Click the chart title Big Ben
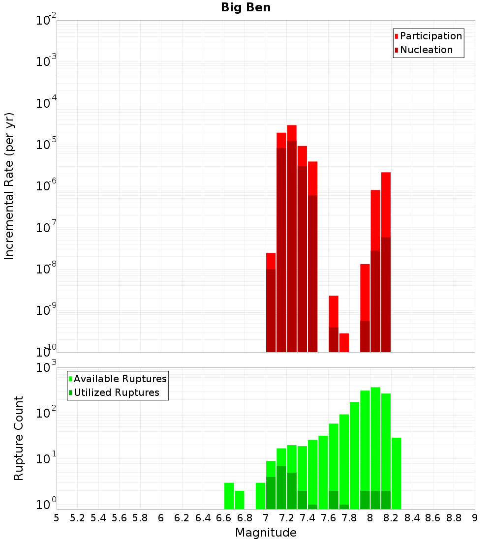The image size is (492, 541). (246, 7)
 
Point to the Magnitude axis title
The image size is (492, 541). (266, 533)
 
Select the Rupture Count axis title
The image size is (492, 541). (19, 438)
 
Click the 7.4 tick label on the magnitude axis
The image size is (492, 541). (307, 518)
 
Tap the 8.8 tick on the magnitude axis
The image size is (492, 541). (454, 518)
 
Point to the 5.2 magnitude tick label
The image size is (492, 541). (77, 518)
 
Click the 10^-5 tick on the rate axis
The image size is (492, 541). (46, 145)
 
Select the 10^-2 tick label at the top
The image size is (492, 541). (46, 21)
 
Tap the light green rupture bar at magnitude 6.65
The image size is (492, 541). (229, 496)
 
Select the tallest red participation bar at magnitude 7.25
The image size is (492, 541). (292, 133)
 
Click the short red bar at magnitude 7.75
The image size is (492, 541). (344, 342)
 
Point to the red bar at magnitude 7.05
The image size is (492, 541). (271, 261)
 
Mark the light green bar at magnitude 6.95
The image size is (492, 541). (260, 496)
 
